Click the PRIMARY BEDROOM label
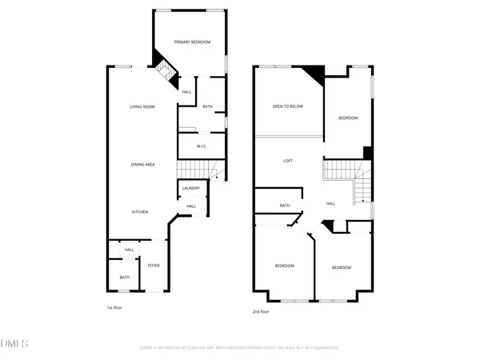pos(192,42)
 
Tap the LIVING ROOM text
pos(142,106)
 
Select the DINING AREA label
pos(142,164)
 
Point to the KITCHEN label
pos(140,211)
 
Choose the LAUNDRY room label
pos(191,188)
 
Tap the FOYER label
pos(153,266)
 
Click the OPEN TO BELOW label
pos(287,106)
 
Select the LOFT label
pos(288,161)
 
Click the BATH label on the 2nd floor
pos(285,206)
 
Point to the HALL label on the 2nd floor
pos(330,204)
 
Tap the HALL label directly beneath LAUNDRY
pos(191,206)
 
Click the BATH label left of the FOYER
pos(125,277)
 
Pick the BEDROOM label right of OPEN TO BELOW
pos(347,118)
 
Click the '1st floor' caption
pos(115,307)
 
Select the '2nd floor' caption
pos(260,312)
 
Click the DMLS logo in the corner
pos(14,344)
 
